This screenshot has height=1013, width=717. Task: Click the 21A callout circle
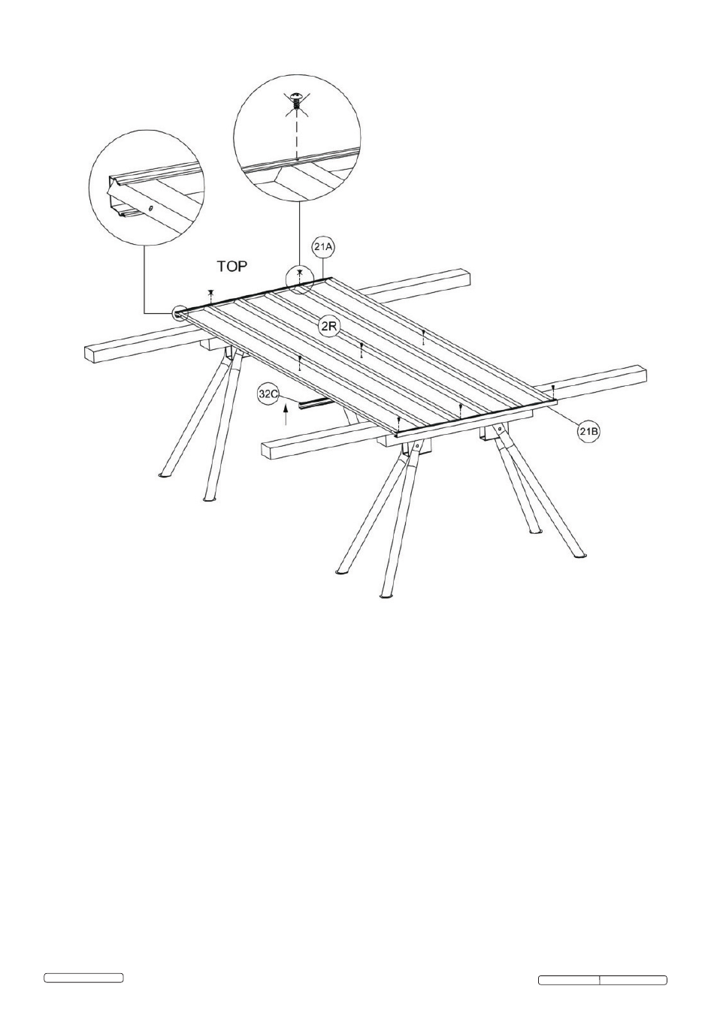323,247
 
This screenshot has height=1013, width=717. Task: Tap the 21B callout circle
588,432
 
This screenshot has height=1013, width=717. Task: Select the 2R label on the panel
328,327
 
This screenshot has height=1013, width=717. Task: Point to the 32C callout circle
268,394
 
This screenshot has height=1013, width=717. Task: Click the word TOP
232,267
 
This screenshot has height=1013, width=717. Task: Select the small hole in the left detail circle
151,209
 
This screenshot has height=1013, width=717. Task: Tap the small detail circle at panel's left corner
180,312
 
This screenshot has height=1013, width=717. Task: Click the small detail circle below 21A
299,279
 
